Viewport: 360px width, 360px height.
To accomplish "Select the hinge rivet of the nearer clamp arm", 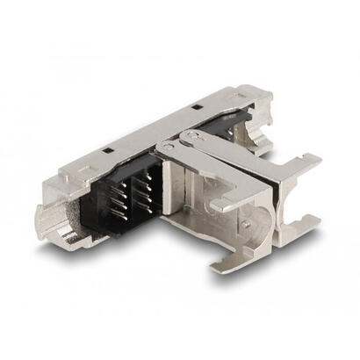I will [167, 147].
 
